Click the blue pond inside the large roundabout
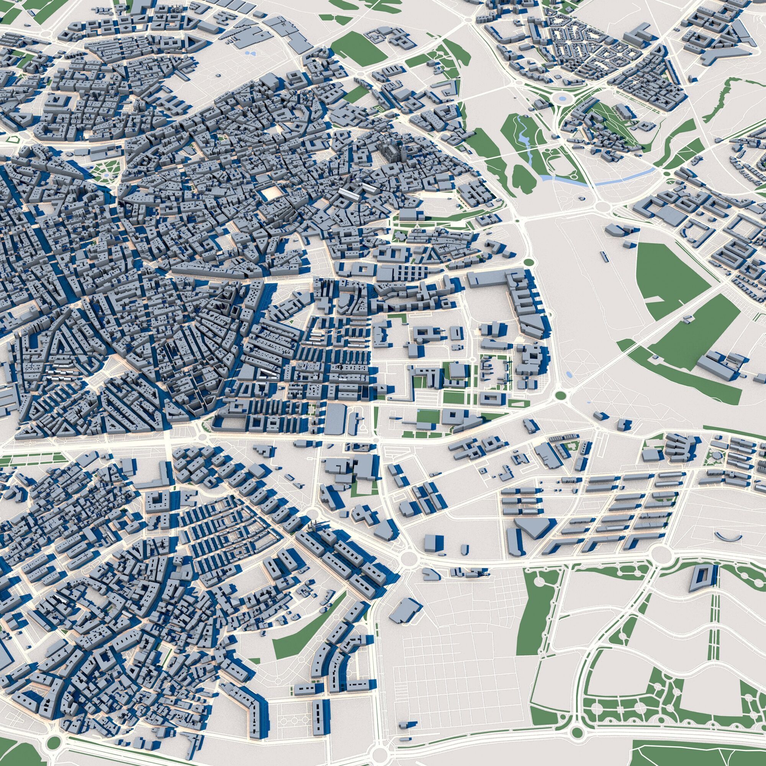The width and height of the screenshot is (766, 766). coord(561,98)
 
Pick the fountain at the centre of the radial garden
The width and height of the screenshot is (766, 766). coord(106,173)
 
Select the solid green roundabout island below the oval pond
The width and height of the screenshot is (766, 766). coord(560,395)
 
